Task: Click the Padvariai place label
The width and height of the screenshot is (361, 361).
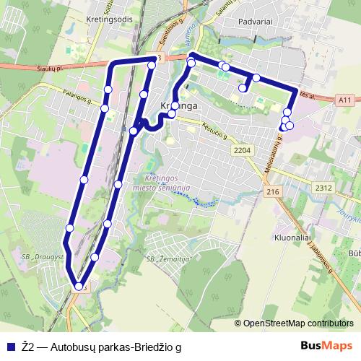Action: (254, 22)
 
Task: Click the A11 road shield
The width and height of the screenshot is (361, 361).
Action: (344, 99)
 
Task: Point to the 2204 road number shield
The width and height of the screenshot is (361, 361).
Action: (243, 149)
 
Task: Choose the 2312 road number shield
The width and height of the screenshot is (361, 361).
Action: (322, 188)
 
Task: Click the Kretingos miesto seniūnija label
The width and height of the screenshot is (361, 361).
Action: (167, 182)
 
